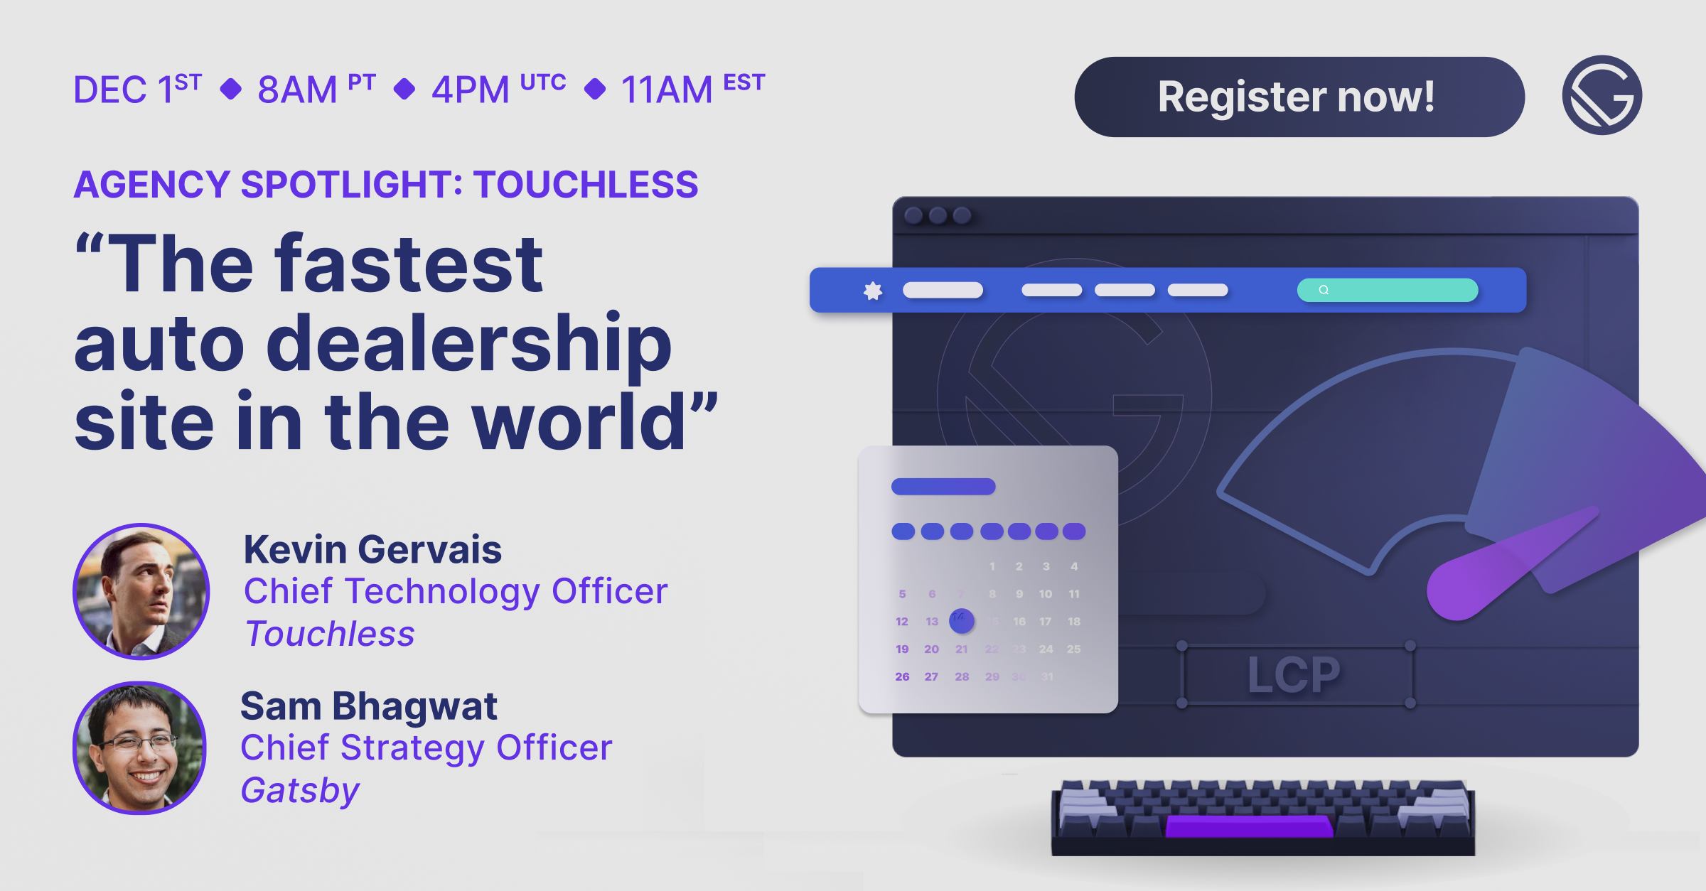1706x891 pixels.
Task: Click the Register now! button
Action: (x=1299, y=97)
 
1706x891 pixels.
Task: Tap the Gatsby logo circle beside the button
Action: (x=1602, y=95)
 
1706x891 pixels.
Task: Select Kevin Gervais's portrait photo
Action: (x=141, y=591)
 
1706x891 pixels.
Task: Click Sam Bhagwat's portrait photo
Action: (x=140, y=747)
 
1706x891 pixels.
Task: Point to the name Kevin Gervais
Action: (x=372, y=549)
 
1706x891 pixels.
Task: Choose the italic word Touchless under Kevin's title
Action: (x=329, y=634)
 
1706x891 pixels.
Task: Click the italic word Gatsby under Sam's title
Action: (x=300, y=790)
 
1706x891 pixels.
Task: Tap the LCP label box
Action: (x=1295, y=674)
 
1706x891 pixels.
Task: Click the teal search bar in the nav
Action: (x=1387, y=290)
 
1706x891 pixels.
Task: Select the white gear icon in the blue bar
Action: (x=873, y=291)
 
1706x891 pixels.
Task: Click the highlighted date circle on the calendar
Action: (x=961, y=620)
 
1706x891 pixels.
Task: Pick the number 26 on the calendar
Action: (x=902, y=676)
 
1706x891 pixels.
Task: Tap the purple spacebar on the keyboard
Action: (x=1249, y=826)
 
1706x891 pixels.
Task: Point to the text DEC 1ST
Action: (x=137, y=89)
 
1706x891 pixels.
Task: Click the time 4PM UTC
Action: (x=498, y=89)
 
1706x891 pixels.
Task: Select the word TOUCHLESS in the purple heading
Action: (x=586, y=185)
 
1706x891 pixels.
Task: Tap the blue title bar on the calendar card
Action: (x=943, y=487)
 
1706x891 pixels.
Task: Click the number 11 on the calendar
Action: (x=1073, y=594)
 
